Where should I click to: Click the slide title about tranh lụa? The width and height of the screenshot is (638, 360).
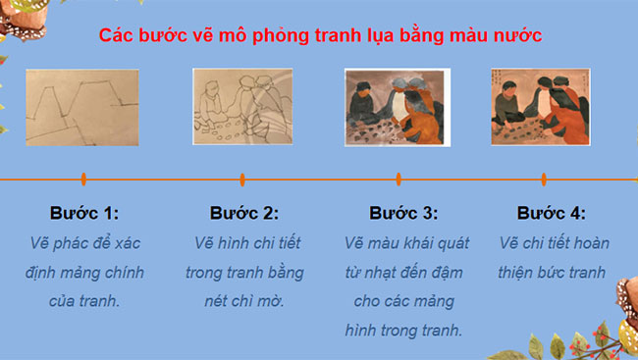point(321,35)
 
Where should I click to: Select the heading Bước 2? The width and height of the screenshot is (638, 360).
point(244,213)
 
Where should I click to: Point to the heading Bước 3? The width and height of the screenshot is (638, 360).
point(403,213)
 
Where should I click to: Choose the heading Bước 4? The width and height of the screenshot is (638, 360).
point(551,213)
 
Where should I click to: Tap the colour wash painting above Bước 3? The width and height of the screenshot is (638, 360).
point(398,108)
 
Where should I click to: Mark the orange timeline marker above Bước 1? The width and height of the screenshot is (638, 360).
point(83,180)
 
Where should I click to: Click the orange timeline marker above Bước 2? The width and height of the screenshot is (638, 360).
point(242,180)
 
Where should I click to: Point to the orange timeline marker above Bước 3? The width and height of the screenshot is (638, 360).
point(399,180)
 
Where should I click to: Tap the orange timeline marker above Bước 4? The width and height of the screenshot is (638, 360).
point(544,180)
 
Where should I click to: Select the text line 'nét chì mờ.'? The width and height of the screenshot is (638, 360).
point(244,301)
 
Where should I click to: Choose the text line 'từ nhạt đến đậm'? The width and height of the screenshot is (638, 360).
point(403,272)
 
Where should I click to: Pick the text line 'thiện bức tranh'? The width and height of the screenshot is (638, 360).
point(551,272)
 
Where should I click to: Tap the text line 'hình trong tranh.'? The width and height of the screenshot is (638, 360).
point(403,331)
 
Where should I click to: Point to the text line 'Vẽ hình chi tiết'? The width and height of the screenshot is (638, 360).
point(244,242)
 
